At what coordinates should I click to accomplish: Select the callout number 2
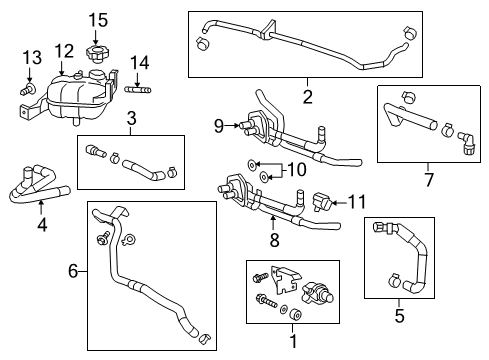pyautogui.click(x=307, y=96)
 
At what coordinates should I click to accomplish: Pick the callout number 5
pyautogui.click(x=399, y=316)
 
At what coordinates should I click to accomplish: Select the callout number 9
pyautogui.click(x=219, y=125)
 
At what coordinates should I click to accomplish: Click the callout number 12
pyautogui.click(x=63, y=50)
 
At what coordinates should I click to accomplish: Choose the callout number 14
pyautogui.click(x=138, y=62)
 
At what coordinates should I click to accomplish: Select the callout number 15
pyautogui.click(x=96, y=19)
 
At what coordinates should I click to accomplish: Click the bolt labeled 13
pyautogui.click(x=28, y=89)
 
